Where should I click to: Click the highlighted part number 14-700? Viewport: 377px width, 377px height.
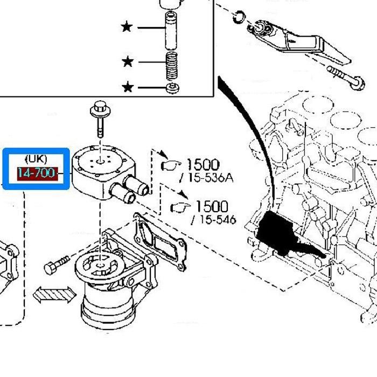coord(36,173)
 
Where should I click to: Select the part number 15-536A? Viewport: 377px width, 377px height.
coord(207,177)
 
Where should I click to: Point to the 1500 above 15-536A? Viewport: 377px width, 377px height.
coord(203,165)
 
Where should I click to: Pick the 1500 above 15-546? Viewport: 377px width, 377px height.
coord(211,206)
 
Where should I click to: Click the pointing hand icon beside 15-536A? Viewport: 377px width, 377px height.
coord(172,165)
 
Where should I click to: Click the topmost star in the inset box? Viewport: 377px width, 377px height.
coord(127,26)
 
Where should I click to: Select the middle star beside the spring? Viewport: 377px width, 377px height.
coord(128,62)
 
